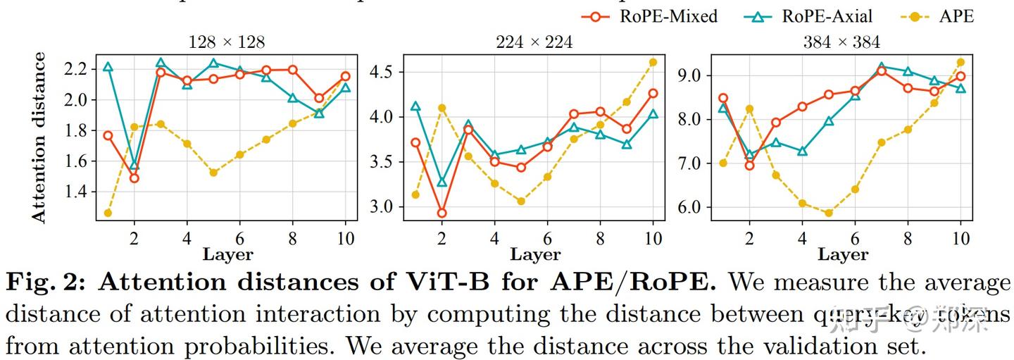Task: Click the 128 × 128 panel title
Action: (227, 42)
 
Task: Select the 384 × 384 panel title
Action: (841, 42)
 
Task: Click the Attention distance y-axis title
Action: (39, 137)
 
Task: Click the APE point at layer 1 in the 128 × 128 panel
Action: (108, 213)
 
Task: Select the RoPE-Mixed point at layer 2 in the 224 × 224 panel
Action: (442, 213)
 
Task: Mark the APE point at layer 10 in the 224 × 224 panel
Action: (653, 62)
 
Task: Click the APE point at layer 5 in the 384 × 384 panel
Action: (829, 213)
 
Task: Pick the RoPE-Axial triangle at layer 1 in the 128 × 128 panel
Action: (108, 67)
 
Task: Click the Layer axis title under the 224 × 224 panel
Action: (534, 254)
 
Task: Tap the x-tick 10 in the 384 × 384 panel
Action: (960, 238)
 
